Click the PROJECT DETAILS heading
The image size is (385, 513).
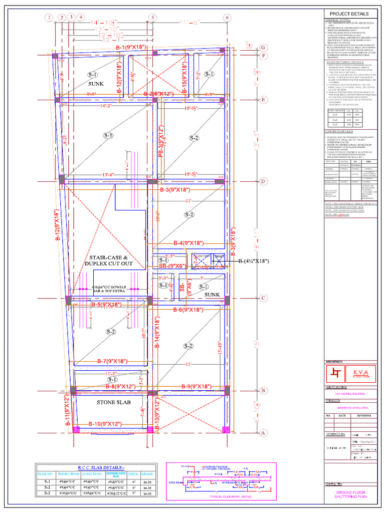[349, 14]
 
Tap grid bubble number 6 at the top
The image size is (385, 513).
[227, 18]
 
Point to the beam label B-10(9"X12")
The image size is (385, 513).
[106, 424]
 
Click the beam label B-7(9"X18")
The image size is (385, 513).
[112, 361]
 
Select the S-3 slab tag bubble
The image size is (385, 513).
[109, 136]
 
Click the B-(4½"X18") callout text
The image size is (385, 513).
[254, 261]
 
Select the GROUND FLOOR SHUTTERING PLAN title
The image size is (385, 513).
[349, 495]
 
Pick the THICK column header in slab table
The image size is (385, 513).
[133, 473]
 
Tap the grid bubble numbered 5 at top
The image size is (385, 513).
[151, 18]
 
